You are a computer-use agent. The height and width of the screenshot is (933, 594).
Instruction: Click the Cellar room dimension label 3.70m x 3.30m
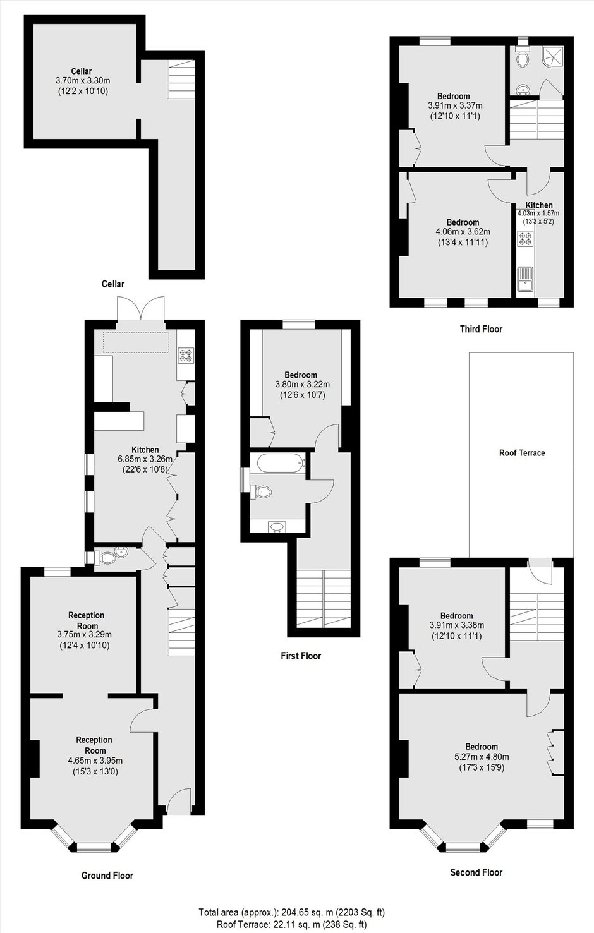coord(83,81)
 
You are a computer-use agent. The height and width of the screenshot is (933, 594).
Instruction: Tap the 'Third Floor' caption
coord(481,329)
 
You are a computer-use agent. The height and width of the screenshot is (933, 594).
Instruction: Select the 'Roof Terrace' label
coord(522,453)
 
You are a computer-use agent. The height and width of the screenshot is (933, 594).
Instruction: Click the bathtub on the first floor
coord(281,463)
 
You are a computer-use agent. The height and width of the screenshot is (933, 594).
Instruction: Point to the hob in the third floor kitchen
coord(525,239)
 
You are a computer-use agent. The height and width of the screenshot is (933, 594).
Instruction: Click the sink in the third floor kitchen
coord(525,282)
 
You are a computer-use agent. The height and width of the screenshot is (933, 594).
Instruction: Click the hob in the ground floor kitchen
coord(186,355)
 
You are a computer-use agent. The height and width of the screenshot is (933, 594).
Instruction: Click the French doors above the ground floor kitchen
coord(141,308)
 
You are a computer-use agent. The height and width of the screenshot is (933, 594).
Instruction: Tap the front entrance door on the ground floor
coord(179,801)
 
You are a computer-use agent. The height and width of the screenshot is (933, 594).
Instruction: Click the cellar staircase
coord(181,80)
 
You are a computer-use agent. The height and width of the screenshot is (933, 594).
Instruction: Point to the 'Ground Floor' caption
coord(107,876)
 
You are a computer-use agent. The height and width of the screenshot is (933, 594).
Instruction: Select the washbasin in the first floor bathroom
coord(277,526)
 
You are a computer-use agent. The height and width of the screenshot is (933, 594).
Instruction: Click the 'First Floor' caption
coord(301,656)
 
